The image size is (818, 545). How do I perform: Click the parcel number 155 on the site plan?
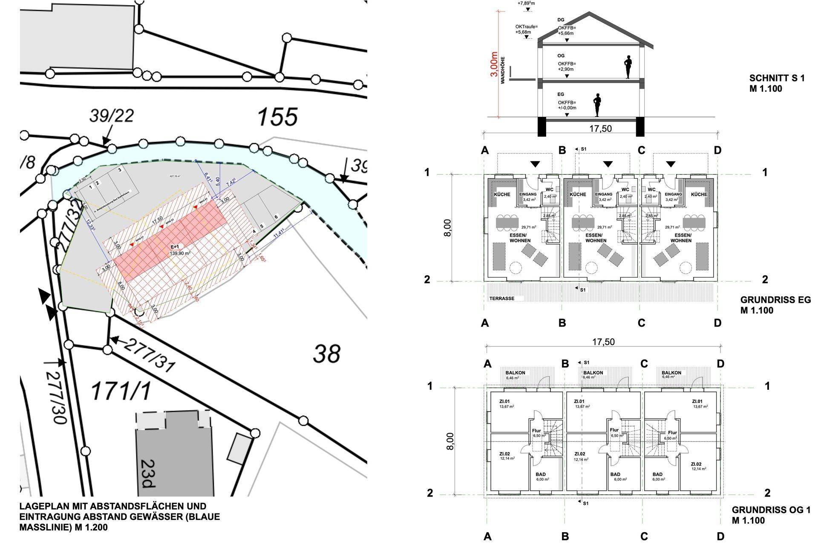pyautogui.click(x=277, y=116)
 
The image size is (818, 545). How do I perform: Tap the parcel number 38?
pyautogui.click(x=327, y=354)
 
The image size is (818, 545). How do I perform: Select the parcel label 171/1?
pyautogui.click(x=121, y=391)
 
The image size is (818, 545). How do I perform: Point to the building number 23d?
pyautogui.click(x=147, y=473)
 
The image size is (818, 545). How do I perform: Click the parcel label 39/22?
pyautogui.click(x=112, y=115)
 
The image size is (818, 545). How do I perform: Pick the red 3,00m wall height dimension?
pyautogui.click(x=494, y=64)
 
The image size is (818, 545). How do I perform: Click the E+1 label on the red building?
pyautogui.click(x=175, y=247)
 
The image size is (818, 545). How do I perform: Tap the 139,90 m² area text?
pyautogui.click(x=180, y=253)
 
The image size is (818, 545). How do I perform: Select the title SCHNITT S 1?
pyautogui.click(x=777, y=78)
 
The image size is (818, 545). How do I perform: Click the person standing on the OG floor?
pyautogui.click(x=628, y=67)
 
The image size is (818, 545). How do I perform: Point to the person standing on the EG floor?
pyautogui.click(x=597, y=105)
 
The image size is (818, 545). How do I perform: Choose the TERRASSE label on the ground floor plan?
pyautogui.click(x=501, y=299)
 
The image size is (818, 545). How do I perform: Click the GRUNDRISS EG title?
pyautogui.click(x=775, y=300)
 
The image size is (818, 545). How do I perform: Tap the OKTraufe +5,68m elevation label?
pyautogui.click(x=526, y=29)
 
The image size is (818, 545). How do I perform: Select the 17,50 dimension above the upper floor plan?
pyautogui.click(x=603, y=342)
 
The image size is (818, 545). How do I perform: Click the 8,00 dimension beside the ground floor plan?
pyautogui.click(x=447, y=228)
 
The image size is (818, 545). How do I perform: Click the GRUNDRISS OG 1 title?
pyautogui.click(x=771, y=510)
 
